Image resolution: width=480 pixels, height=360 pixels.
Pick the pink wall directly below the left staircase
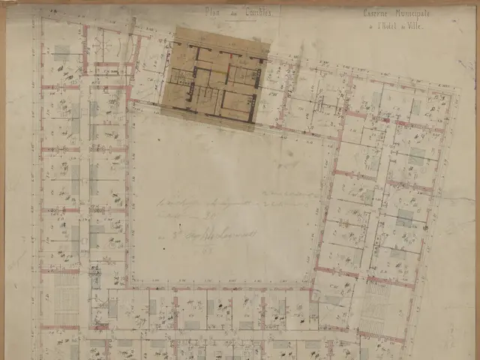[60, 327]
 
